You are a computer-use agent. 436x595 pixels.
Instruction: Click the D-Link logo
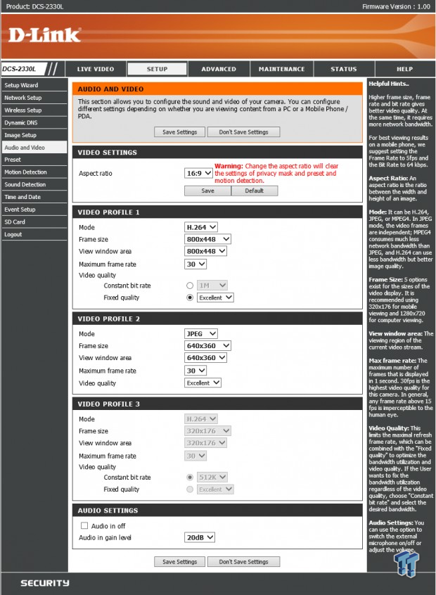[44, 34]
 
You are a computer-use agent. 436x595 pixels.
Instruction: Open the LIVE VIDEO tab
[95, 69]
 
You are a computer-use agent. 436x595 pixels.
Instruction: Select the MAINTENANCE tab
[281, 69]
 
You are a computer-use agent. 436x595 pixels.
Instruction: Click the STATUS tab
[343, 69]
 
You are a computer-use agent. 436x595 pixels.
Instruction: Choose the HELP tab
[404, 69]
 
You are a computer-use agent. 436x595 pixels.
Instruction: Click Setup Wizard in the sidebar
[22, 85]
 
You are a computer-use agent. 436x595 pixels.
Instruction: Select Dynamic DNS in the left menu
[20, 122]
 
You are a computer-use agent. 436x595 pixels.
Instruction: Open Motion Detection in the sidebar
[26, 172]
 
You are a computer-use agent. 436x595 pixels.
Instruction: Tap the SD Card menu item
[15, 222]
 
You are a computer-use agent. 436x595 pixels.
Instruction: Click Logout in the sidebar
[13, 234]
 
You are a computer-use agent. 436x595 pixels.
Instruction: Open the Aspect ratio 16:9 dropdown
[198, 173]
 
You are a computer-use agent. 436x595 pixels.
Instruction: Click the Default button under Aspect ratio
[254, 191]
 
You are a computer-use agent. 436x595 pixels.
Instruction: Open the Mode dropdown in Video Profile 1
[201, 227]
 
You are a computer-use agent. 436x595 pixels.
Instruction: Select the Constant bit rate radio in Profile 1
[190, 286]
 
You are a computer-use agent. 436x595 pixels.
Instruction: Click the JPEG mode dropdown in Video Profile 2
[201, 333]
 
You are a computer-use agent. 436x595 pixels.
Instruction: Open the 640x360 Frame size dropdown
[207, 345]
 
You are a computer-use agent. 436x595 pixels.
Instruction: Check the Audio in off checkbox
[84, 525]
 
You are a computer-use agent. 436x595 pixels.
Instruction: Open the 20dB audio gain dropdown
[199, 537]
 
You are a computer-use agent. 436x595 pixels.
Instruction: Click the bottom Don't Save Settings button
[243, 562]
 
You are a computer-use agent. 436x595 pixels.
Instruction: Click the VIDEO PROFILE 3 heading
[109, 404]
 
